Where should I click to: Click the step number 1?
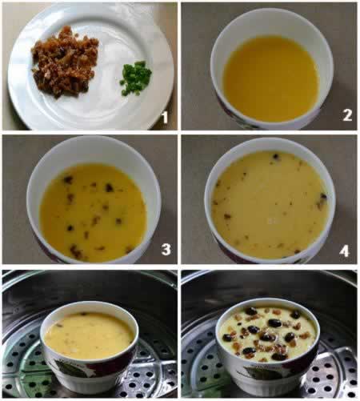click(x=165, y=118)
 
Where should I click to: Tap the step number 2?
click(x=347, y=115)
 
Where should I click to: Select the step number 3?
click(x=166, y=249)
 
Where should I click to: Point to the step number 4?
click(x=344, y=251)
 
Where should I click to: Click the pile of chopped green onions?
click(x=135, y=78)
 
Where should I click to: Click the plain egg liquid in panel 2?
click(x=271, y=78)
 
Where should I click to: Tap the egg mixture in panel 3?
click(x=93, y=212)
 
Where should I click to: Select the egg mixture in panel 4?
click(x=270, y=205)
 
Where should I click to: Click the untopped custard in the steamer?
click(x=89, y=335)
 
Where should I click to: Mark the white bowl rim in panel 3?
click(x=94, y=150)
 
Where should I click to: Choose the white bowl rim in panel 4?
click(x=270, y=143)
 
